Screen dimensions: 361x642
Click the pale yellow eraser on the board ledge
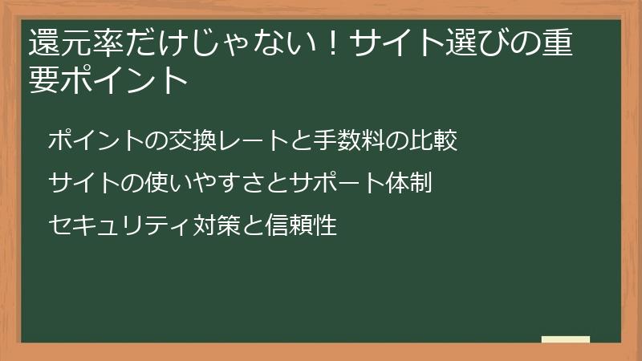tap(565, 339)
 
